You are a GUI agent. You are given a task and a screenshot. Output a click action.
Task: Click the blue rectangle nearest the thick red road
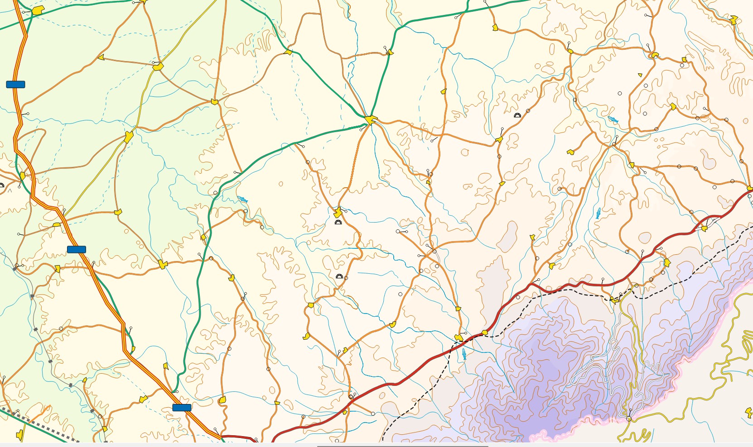point(182,408)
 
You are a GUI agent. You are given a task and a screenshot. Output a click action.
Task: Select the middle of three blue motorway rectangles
point(76,249)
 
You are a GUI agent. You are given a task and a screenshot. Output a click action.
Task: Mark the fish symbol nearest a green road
point(243,199)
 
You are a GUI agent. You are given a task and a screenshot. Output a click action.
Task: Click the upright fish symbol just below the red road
point(464,354)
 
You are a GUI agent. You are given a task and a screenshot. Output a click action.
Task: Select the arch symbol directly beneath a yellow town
point(338,222)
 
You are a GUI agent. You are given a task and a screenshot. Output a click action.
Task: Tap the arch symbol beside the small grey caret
point(1,185)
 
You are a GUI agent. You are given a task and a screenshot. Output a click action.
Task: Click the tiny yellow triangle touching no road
point(640,75)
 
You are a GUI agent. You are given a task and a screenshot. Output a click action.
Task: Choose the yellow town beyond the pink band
point(748,412)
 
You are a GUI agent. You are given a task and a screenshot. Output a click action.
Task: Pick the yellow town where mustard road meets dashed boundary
point(614,300)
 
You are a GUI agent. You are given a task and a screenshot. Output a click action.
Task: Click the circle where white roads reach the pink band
point(629,419)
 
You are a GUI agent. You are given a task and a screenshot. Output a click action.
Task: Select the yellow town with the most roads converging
point(371,120)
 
